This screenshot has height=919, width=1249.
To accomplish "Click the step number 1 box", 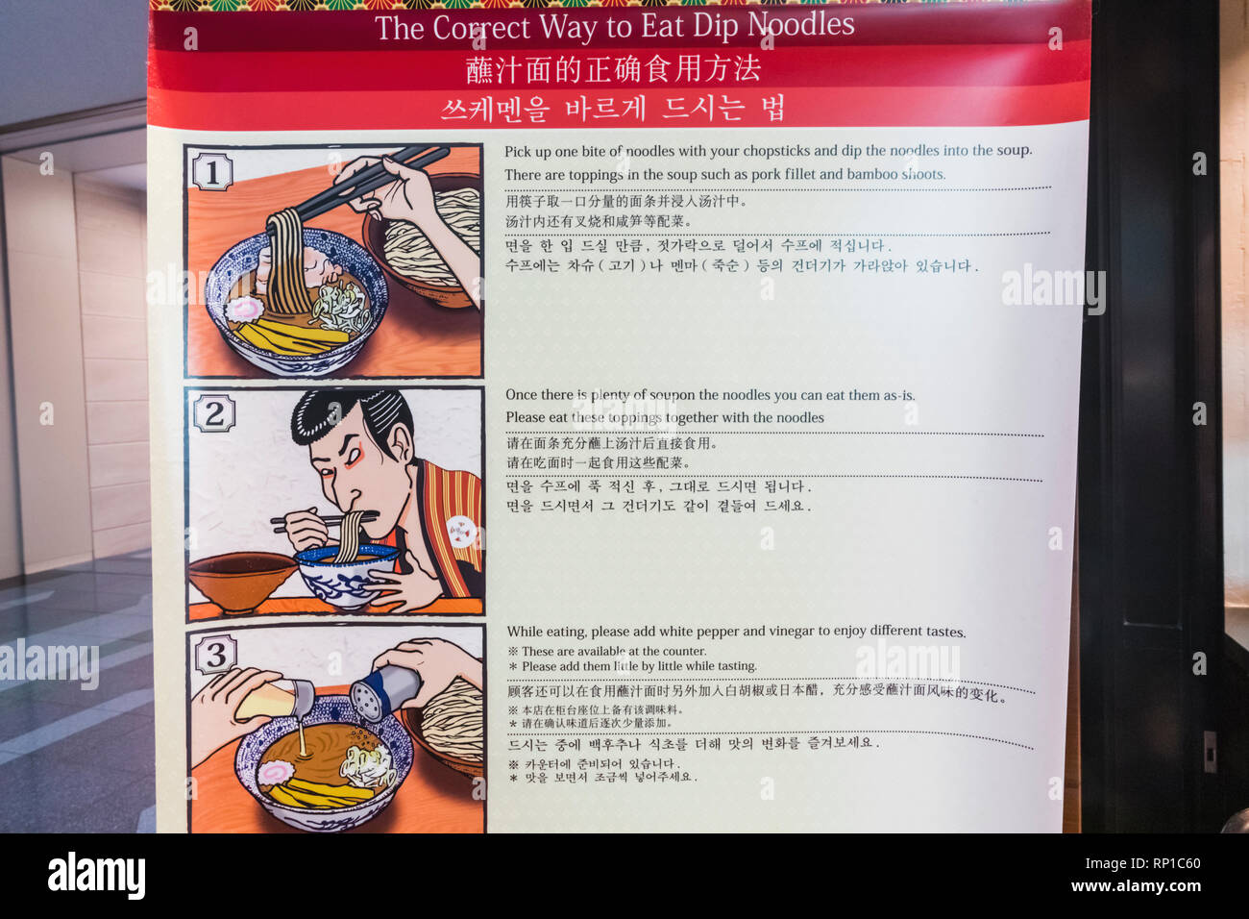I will coord(211,172).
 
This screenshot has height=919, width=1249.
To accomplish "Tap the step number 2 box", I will coord(213,414).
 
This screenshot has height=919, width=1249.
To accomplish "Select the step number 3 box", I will coord(215,656).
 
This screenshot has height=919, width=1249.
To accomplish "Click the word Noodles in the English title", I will coord(801,26).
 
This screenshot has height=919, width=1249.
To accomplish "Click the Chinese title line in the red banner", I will coord(613,69).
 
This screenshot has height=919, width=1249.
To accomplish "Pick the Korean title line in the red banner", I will coord(613,108).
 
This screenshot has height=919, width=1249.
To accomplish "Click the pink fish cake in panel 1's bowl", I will coord(244,309).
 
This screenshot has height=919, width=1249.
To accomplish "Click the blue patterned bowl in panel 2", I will coord(344,577).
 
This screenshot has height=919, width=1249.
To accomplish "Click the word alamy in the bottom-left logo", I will coord(96,876).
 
